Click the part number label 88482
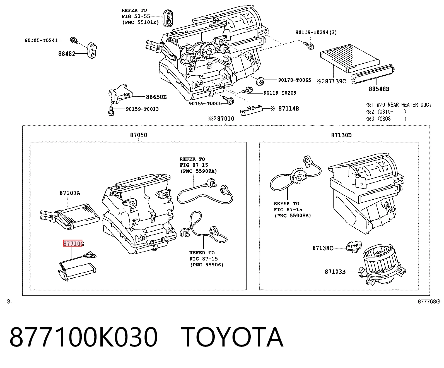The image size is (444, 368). pyautogui.click(x=67, y=54)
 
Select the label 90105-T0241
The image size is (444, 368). pyautogui.click(x=41, y=40)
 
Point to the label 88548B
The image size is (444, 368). pyautogui.click(x=379, y=89)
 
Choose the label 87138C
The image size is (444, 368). pyautogui.click(x=323, y=248)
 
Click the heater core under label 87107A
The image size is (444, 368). pyautogui.click(x=70, y=216)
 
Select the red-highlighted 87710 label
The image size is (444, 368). pyautogui.click(x=73, y=243)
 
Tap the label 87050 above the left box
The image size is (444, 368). pyautogui.click(x=139, y=135)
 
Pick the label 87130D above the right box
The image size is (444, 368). pyautogui.click(x=341, y=135)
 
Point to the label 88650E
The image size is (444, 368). pyautogui.click(x=156, y=97)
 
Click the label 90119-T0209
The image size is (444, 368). pyautogui.click(x=280, y=93)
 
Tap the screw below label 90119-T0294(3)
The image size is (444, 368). pyautogui.click(x=309, y=46)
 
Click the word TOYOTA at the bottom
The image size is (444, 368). pyautogui.click(x=232, y=338)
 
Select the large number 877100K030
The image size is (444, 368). pyautogui.click(x=84, y=338)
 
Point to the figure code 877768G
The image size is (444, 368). pyautogui.click(x=429, y=302)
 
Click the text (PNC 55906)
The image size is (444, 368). pyautogui.click(x=207, y=265)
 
